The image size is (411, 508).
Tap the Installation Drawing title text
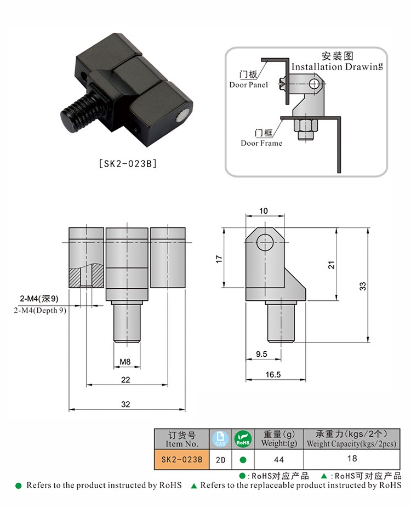point(336,67)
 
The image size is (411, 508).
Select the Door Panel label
point(248,85)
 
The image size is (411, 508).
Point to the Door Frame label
point(261,143)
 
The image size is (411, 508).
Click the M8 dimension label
point(126,362)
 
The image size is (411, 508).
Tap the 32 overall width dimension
point(126,404)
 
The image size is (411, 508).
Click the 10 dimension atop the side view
point(264,211)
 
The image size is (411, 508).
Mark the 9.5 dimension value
point(261,355)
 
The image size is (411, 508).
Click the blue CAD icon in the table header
point(219,438)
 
